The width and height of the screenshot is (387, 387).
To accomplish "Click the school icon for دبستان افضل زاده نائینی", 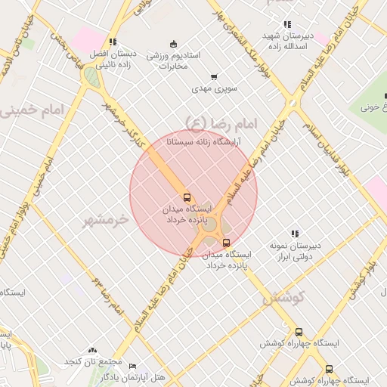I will pyautogui.click(x=113, y=42).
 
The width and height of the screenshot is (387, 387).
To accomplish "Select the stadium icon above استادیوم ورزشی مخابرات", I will pyautogui.click(x=174, y=43).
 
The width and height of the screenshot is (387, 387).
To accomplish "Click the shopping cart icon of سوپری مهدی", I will pyautogui.click(x=215, y=76).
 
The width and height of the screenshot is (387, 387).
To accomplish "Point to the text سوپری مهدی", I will pyautogui.click(x=215, y=88).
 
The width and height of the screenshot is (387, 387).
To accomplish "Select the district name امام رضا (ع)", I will pyautogui.click(x=221, y=122).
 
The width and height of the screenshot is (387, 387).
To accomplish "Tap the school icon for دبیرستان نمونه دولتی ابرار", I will pyautogui.click(x=296, y=234).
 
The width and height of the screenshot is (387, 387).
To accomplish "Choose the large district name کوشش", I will pyautogui.click(x=284, y=299).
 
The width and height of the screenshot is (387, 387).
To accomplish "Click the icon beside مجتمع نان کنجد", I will pyautogui.click(x=92, y=350).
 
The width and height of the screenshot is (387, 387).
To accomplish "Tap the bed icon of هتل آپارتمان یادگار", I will pyautogui.click(x=133, y=366).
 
